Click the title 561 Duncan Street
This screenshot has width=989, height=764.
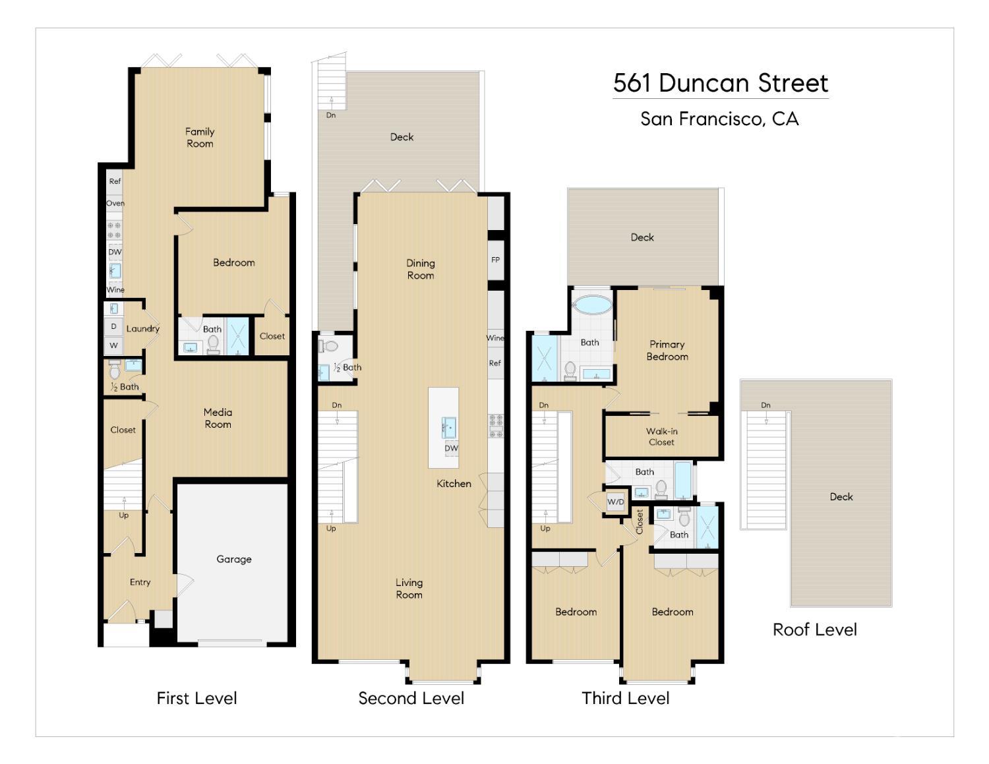(720, 83)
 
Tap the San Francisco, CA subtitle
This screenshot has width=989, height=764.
(719, 119)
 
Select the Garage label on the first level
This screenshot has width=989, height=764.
(233, 559)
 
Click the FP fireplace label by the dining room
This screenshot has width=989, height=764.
(496, 260)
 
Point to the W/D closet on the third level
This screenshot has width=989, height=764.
(615, 502)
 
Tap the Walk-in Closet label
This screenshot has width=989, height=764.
(661, 436)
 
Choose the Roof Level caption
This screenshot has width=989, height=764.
(814, 630)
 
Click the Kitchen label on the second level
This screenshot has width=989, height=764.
(454, 483)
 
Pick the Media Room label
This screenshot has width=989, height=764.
(218, 418)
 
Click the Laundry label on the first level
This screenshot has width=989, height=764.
(142, 328)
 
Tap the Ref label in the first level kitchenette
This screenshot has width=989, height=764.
(115, 181)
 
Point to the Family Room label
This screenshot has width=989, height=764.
(200, 137)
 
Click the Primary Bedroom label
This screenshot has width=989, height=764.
(667, 350)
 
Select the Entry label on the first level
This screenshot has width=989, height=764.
(140, 582)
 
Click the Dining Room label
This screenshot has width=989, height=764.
(420, 269)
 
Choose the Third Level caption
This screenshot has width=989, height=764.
(625, 698)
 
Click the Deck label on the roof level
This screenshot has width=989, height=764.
(841, 496)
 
